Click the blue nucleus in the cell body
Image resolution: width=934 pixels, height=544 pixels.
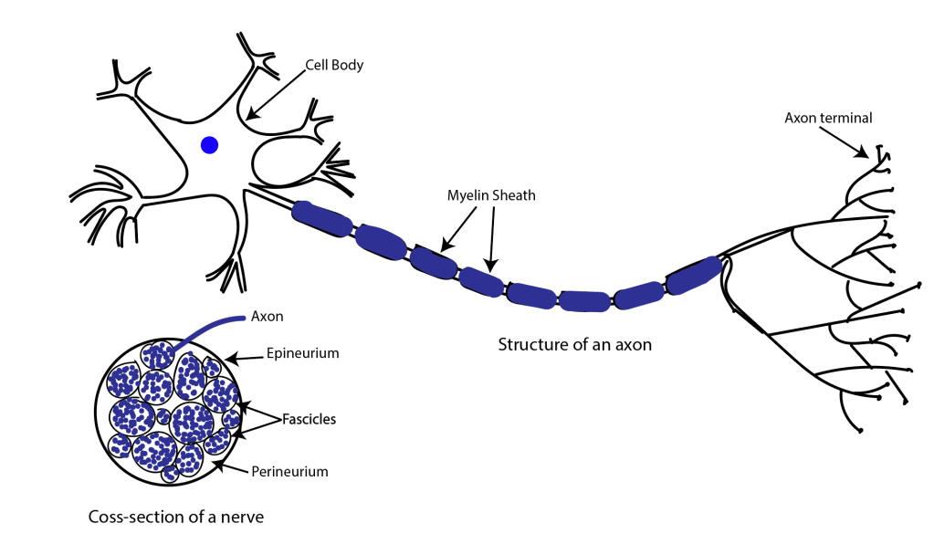pos(210,144)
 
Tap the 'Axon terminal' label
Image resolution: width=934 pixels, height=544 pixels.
pos(828,117)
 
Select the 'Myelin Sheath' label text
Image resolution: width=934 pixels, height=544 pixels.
pos(491,195)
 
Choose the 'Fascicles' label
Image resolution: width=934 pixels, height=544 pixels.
pos(308,420)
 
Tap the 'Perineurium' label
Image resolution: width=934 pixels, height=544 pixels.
pos(290,472)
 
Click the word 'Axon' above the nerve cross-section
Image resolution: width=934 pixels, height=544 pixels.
pos(266,317)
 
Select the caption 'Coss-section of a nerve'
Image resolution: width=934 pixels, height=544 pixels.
pos(176,517)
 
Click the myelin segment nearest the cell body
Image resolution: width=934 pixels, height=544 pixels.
pos(321,218)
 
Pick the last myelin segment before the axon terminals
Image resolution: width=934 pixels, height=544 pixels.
pos(693,274)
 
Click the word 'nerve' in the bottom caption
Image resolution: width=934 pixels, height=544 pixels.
pos(242,517)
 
